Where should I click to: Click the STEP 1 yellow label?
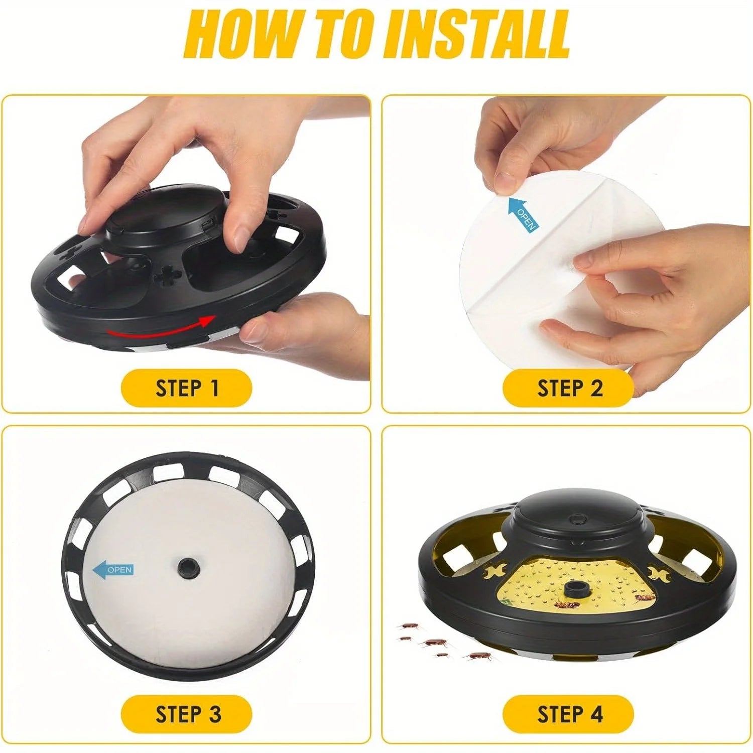coord(186,388)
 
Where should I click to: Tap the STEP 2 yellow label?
coord(568,388)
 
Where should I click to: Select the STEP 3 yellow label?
coord(186,714)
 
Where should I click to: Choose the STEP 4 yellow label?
coord(568,714)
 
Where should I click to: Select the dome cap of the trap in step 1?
coord(161,211)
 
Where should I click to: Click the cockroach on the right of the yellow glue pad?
coord(645,597)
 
